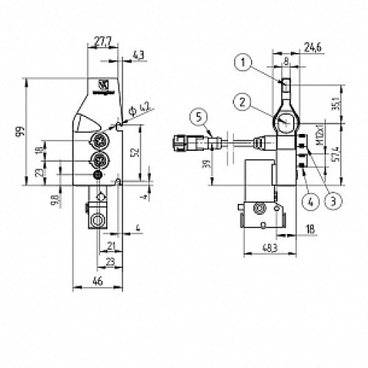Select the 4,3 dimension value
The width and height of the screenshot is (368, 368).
[x=138, y=54]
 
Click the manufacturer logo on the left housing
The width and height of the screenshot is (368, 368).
[x=102, y=87]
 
